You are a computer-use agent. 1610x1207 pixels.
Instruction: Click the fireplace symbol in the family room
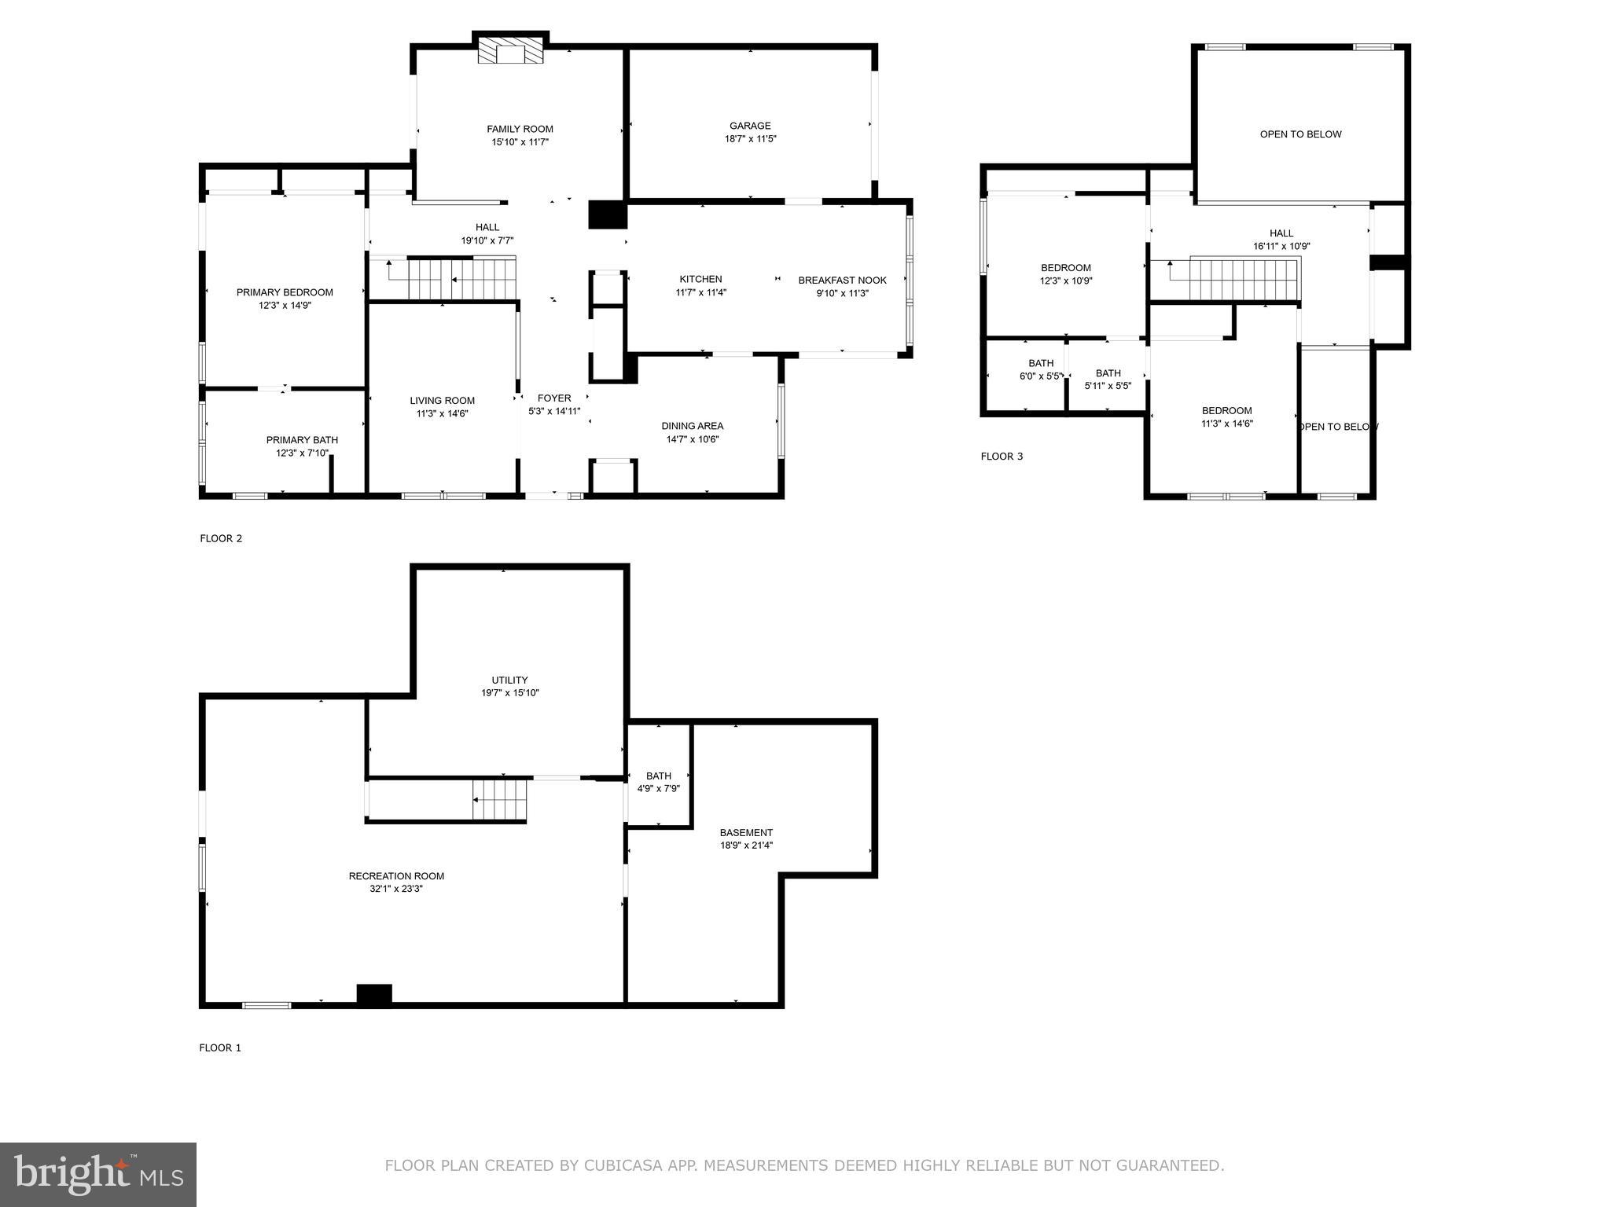[x=511, y=53]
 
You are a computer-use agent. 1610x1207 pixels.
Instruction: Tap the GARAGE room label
[x=750, y=126]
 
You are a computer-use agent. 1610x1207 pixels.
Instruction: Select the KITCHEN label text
[x=700, y=279]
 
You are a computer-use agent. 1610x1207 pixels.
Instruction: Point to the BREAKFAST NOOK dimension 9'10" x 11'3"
[x=842, y=293]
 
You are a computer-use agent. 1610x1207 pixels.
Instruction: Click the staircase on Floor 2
[x=460, y=279]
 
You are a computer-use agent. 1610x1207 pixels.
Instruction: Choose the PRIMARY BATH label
[x=302, y=440]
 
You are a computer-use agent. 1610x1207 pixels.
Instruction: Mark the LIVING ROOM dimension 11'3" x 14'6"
[x=442, y=413]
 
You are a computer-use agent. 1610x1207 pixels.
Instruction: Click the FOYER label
[x=554, y=398]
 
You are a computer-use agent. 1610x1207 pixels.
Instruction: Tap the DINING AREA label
[x=692, y=426]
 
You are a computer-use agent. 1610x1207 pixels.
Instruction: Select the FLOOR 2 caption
[x=221, y=538]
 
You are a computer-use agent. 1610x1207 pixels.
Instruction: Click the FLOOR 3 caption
[x=1002, y=457]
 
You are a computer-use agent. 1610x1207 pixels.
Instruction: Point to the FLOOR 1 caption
[x=220, y=1047]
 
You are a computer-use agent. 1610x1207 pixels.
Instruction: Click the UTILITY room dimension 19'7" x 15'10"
[x=510, y=693]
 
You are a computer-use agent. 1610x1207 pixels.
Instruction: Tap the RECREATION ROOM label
[x=396, y=876]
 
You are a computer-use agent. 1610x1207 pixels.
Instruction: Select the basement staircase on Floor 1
[x=499, y=799]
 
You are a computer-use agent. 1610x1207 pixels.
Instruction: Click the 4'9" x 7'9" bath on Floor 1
[x=658, y=783]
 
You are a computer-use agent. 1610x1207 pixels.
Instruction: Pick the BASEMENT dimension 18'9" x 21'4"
[x=746, y=846]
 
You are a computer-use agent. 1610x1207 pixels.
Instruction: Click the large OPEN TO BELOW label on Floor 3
[x=1300, y=134]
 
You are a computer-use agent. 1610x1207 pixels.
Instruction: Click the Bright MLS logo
[x=98, y=1174]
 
